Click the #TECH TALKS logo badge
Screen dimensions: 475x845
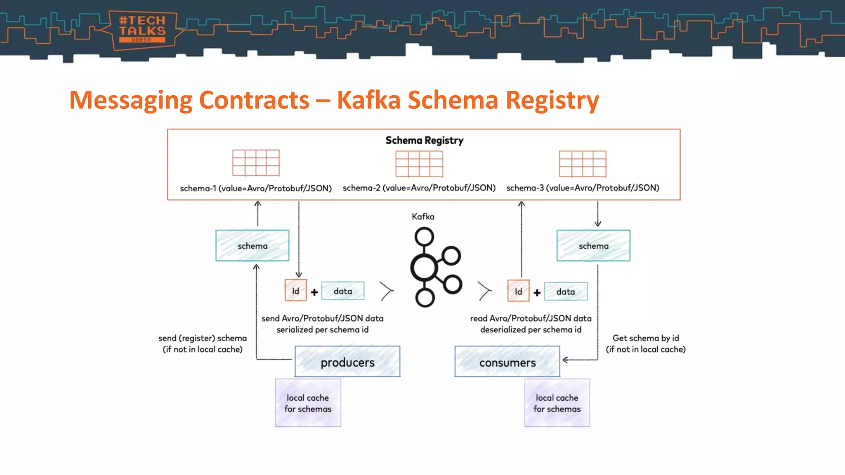142,30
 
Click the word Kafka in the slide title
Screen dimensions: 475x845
368,100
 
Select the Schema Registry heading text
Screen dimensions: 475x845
424,141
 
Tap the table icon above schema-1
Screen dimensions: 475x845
256,163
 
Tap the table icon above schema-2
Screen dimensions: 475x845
419,163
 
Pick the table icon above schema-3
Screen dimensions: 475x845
582,164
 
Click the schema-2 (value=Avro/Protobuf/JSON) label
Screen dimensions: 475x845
419,188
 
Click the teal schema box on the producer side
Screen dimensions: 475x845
252,246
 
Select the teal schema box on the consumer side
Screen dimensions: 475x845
593,246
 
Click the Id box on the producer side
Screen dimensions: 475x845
295,291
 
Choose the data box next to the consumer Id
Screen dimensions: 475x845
565,292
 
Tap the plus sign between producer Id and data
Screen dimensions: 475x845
314,292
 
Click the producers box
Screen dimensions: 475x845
347,362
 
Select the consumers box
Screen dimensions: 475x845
507,362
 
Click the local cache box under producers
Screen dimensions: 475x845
308,403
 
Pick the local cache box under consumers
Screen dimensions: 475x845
557,403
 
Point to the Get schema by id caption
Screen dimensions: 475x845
645,343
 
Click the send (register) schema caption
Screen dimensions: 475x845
203,343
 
